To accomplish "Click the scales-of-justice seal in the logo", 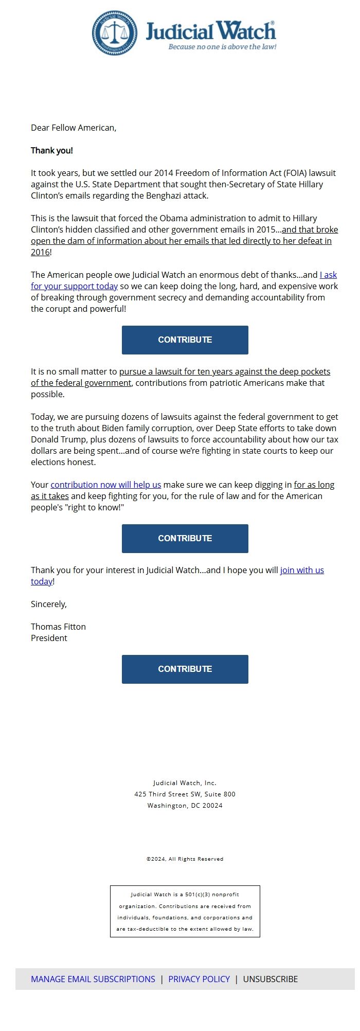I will (x=115, y=33).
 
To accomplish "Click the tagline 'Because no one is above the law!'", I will (x=222, y=47).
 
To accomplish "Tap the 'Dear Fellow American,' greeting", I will (x=74, y=128).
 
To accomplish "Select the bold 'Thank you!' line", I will (x=52, y=150).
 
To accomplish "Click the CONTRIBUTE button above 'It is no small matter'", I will (x=185, y=340).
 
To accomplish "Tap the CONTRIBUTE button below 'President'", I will (x=185, y=669).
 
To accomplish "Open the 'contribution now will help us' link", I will (x=106, y=485).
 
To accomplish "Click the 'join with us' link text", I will (x=302, y=570).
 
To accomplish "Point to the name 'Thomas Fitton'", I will (x=58, y=627).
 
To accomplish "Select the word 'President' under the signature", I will (x=49, y=638).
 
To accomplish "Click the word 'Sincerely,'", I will (x=49, y=604).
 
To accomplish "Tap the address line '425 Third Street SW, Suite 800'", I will (x=185, y=794).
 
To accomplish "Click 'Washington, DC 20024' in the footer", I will (x=185, y=805).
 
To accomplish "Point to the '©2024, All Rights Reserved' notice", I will (x=185, y=859).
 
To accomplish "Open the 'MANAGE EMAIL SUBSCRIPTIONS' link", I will (x=93, y=979).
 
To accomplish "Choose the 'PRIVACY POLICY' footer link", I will (x=199, y=979).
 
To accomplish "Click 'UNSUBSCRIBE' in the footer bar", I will (x=271, y=979).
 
